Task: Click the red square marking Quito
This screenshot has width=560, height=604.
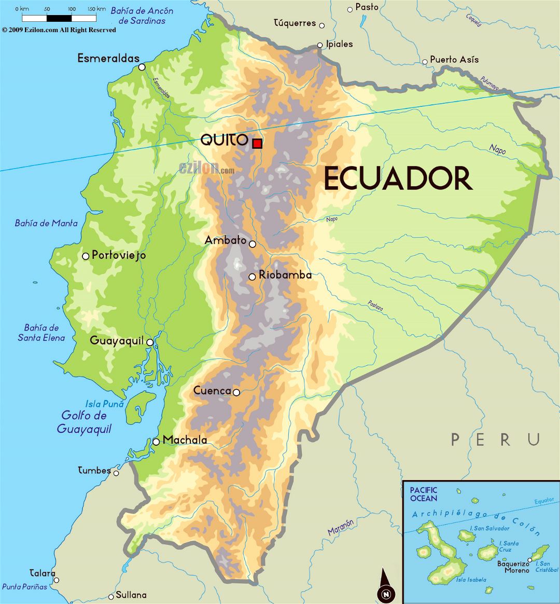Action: point(257,144)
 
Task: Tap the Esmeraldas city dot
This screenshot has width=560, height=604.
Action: point(142,67)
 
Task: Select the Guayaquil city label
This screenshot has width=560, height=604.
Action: point(117,341)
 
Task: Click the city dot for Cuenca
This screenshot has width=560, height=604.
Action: point(236,392)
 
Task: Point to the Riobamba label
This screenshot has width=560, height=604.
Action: point(285,275)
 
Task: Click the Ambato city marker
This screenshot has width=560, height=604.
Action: point(253,244)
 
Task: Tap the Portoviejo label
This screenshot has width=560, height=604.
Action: point(119,255)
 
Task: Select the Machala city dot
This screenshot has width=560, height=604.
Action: point(156,442)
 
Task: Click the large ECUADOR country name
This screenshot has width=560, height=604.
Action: point(398,179)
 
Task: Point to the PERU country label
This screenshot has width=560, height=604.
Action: point(495,440)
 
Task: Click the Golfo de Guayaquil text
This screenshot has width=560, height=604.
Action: point(84,422)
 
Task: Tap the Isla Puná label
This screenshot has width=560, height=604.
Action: point(104,404)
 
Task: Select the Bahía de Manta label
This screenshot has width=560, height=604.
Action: point(46,223)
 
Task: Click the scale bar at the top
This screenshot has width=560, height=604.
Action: point(59,18)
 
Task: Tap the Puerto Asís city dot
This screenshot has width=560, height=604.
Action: point(425,61)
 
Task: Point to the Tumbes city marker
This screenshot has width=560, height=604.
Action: point(116,473)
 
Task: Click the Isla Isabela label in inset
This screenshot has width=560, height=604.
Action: point(471,580)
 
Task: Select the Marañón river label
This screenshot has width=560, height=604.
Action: point(341,527)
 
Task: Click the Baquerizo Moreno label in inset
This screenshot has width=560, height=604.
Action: point(513,567)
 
